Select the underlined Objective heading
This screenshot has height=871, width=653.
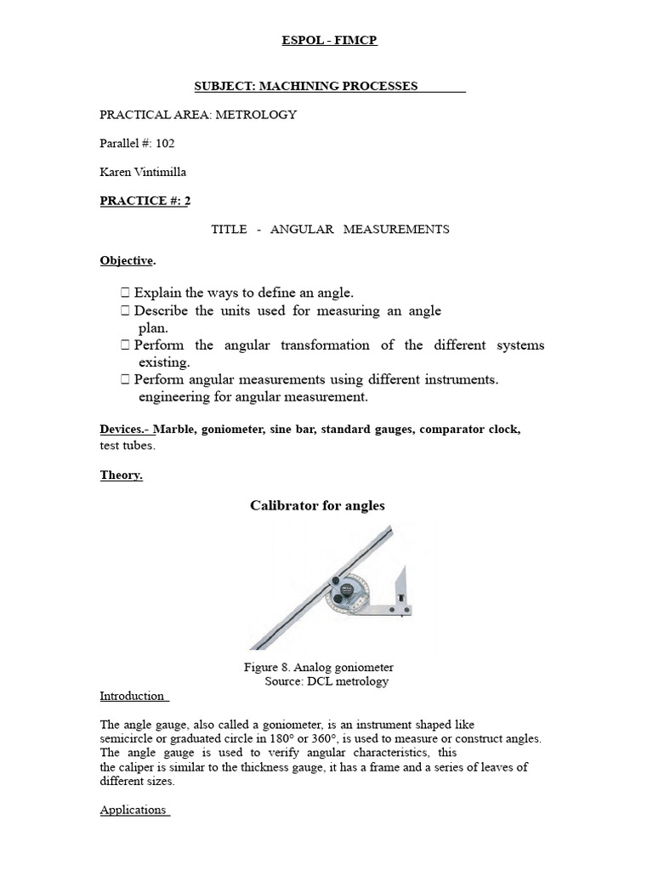click(126, 260)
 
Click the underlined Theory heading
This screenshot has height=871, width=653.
click(121, 475)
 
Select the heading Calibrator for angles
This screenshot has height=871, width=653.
click(317, 506)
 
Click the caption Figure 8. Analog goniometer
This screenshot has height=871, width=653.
click(318, 668)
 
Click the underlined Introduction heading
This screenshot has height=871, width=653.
click(133, 696)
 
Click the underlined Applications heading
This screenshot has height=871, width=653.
click(133, 810)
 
